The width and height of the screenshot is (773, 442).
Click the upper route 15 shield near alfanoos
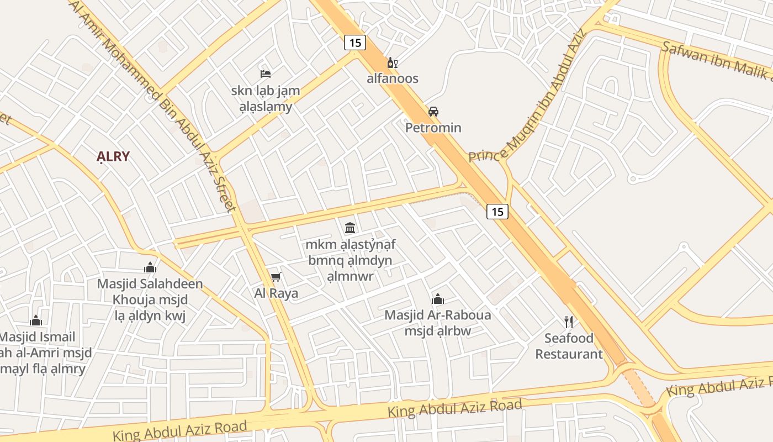[355, 43]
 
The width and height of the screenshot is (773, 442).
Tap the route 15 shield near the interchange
[497, 211]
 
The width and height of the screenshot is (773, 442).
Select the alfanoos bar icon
[393, 63]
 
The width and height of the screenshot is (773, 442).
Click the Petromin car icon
[433, 111]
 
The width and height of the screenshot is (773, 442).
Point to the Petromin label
[433, 128]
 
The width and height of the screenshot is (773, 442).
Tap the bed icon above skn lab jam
[266, 73]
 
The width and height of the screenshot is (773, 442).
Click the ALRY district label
[113, 156]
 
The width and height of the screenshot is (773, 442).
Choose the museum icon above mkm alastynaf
[350, 227]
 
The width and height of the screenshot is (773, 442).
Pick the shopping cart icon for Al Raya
[276, 277]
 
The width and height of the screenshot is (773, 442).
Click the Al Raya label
[276, 293]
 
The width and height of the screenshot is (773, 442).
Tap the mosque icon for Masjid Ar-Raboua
[438, 299]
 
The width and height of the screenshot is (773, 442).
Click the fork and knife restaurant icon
[569, 322]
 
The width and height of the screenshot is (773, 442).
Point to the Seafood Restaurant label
[569, 346]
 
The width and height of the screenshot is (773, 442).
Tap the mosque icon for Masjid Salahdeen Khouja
[150, 267]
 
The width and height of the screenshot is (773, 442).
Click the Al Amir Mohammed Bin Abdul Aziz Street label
[155, 105]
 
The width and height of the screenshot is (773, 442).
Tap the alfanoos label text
[393, 78]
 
